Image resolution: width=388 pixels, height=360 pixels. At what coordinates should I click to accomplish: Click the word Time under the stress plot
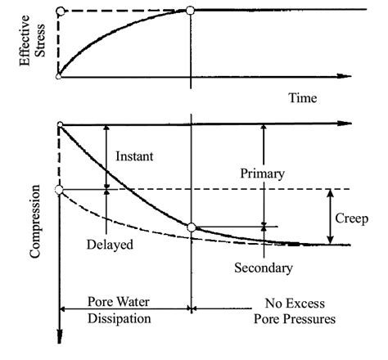pos(303,98)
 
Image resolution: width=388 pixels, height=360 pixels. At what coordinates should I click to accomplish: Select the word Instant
pos(134,155)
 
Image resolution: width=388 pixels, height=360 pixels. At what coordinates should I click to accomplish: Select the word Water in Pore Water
pos(136,299)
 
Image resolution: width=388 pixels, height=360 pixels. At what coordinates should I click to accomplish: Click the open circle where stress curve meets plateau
pos(190,10)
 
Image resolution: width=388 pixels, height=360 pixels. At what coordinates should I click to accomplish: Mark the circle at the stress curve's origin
pos(59,76)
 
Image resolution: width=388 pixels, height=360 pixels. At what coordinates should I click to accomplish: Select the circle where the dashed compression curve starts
pos(59,190)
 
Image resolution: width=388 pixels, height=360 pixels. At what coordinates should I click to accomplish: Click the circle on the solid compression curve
pos(190,227)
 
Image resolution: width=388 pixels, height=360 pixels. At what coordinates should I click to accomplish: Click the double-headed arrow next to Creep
pos(329,217)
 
